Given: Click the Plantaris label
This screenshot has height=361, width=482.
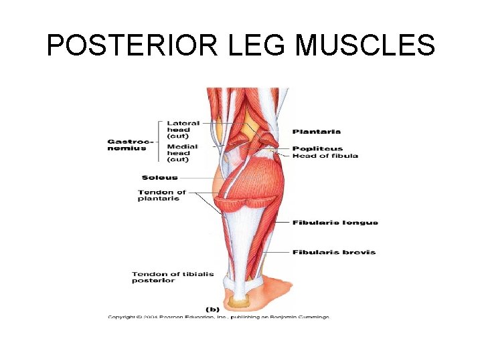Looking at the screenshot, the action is pos(316,132).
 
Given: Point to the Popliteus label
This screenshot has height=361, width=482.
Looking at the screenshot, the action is pos(317,148).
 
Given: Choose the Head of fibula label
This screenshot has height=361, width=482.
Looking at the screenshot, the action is pos(325,156).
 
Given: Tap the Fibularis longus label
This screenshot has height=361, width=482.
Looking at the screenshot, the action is pos(335,223).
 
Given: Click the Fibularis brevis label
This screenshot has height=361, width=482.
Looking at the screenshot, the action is pos(333,253).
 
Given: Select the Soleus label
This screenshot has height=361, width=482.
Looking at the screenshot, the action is pos(159,178).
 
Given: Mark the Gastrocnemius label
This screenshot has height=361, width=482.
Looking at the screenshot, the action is pos(130,144).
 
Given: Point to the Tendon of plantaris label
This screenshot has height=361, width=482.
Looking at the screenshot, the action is pos(161,195).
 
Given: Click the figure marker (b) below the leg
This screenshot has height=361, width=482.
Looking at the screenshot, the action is pos(212,309).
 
